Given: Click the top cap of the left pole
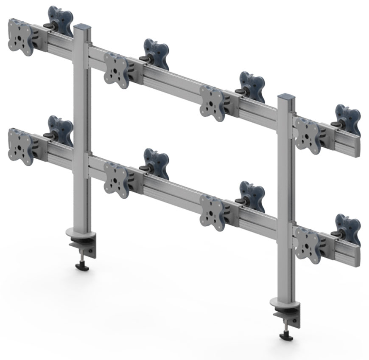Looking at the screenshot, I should pyautogui.click(x=82, y=27).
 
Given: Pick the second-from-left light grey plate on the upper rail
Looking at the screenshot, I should pyautogui.click(x=116, y=70).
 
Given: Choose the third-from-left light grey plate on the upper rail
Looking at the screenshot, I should pyautogui.click(x=212, y=102).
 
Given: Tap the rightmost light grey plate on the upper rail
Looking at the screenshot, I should pyautogui.click(x=307, y=135).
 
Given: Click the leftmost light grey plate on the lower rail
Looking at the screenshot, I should pyautogui.click(x=20, y=146).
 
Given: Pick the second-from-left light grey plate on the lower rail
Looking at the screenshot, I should pyautogui.click(x=116, y=180).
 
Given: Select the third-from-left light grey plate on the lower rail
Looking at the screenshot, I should pyautogui.click(x=212, y=213).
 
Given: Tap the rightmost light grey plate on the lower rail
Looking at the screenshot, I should pyautogui.click(x=307, y=245).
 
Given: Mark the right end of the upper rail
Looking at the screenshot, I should pyautogui.click(x=357, y=147).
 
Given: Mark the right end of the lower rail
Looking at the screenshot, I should pyautogui.click(x=357, y=257).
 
